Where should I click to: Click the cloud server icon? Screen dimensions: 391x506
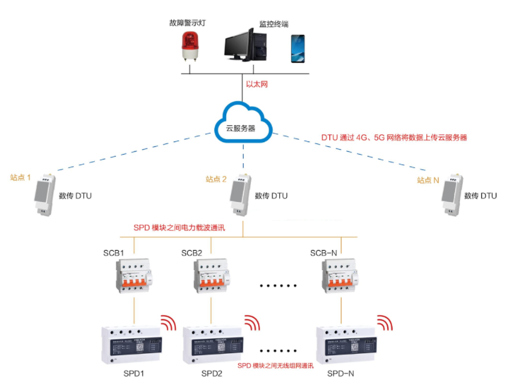[x=243, y=124]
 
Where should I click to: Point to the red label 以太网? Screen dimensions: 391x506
[x=257, y=85]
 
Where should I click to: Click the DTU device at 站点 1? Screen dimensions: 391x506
[x=44, y=194]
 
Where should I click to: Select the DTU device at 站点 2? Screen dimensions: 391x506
[x=240, y=194]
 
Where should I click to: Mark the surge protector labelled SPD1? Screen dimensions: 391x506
[x=132, y=344]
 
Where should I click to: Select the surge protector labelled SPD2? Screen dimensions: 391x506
[x=213, y=344]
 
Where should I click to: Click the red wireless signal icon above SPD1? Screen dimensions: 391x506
[x=169, y=323]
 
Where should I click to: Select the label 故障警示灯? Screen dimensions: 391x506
[x=188, y=24]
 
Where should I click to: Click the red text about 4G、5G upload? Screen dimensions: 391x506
[x=394, y=137]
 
